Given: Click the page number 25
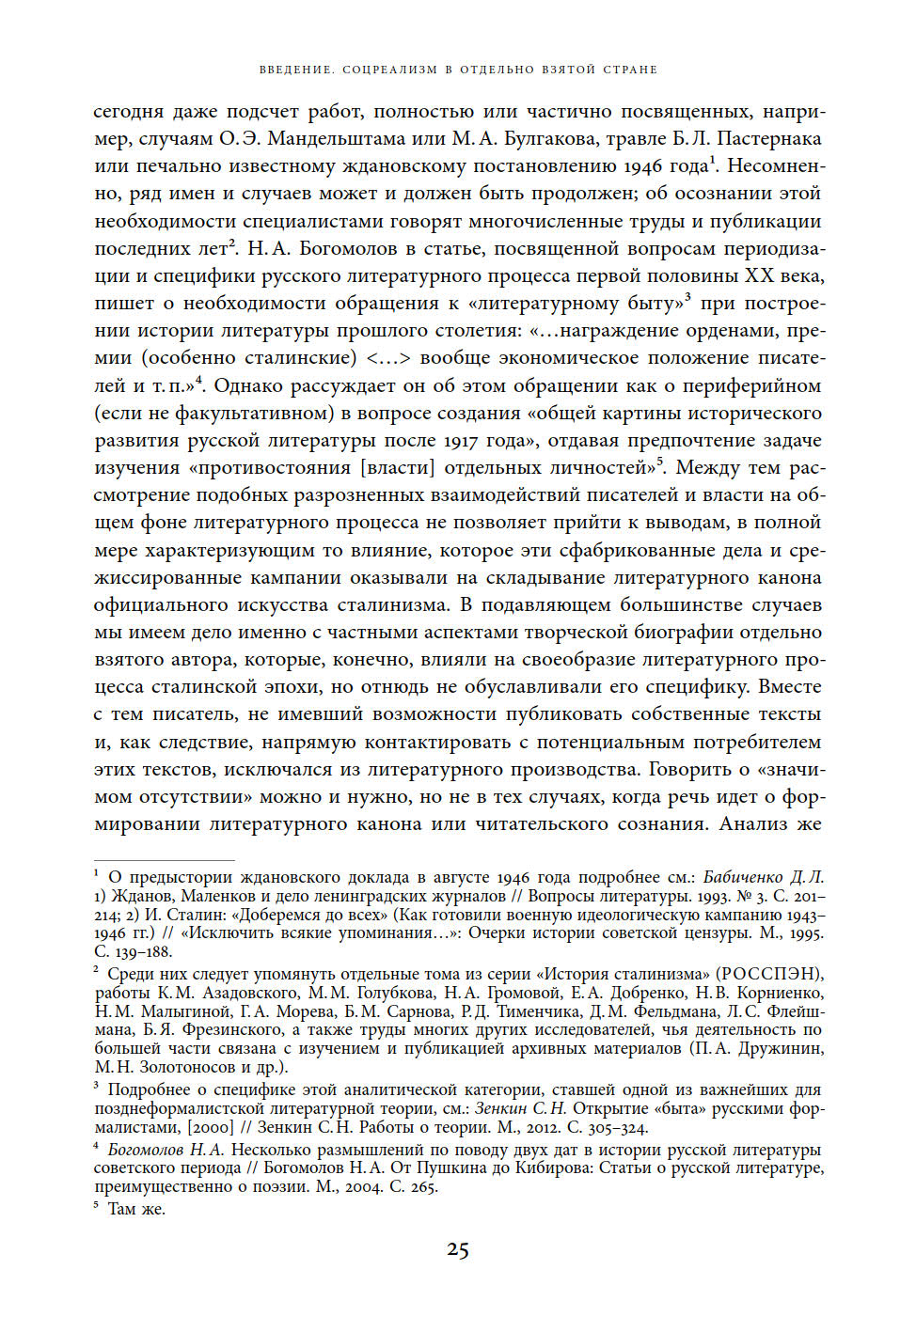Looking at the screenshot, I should (457, 1249).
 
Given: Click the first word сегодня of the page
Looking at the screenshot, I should (130, 112).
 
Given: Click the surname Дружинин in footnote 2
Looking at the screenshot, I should (776, 1048).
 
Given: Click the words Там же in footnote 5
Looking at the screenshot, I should (136, 1209).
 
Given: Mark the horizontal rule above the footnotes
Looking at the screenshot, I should (165, 860).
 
